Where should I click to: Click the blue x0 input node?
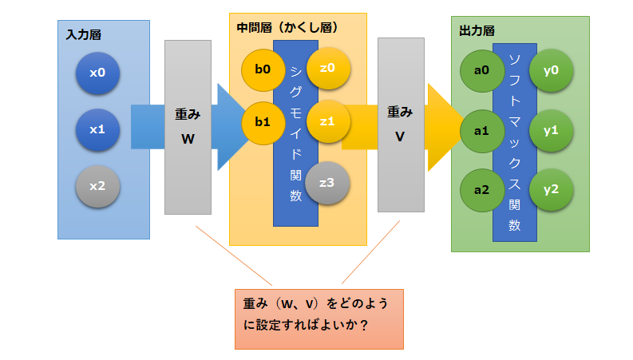(97, 73)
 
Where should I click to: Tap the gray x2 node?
(97, 185)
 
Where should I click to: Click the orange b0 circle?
(263, 69)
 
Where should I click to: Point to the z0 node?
(326, 69)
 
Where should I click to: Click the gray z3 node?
(326, 182)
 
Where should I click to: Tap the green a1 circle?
(481, 129)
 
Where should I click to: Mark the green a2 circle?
(481, 190)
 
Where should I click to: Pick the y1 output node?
(550, 129)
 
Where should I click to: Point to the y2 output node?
(550, 190)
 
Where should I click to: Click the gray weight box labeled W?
(188, 127)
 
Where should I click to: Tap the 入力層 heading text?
(83, 36)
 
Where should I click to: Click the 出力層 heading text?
(477, 31)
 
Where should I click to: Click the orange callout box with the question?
(318, 318)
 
